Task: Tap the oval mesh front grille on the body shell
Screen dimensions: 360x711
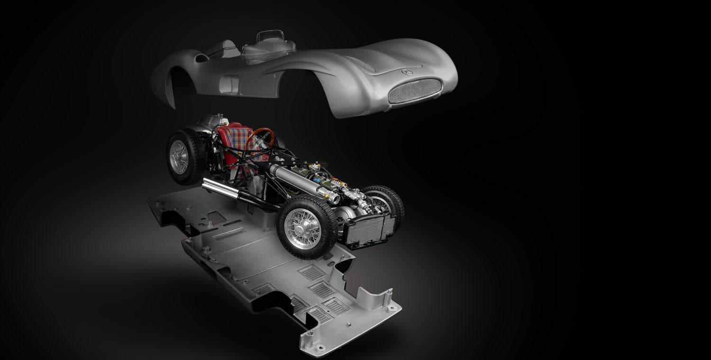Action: click(x=415, y=90)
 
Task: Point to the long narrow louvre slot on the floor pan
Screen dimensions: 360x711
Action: click(x=229, y=234)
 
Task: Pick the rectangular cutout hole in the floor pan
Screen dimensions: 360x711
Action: click(x=216, y=218)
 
